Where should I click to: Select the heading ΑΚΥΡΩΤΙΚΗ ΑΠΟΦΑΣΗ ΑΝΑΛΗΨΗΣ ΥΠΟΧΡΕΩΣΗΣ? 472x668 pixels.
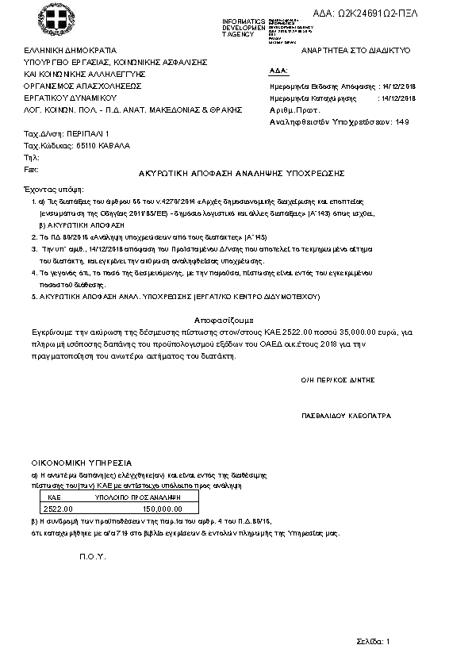(236, 173)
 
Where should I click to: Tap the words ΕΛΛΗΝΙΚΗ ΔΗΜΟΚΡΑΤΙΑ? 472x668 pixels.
(71, 50)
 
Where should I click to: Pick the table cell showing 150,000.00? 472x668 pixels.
(162, 509)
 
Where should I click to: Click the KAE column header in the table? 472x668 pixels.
(55, 496)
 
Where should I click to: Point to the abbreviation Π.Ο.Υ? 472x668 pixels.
(93, 558)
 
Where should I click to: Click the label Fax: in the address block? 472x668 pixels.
(32, 169)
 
